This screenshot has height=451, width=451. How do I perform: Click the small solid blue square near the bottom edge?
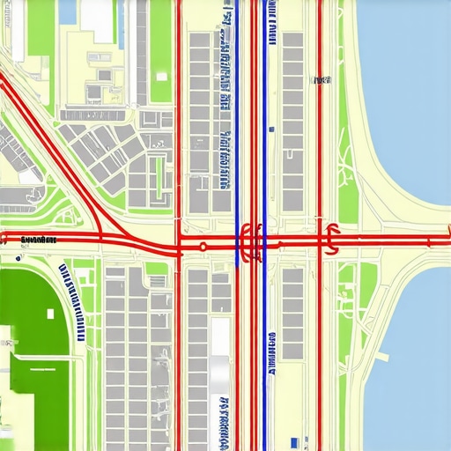(293, 440)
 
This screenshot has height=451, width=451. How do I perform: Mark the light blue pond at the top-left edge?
(67, 11)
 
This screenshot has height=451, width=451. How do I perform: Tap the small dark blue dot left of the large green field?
(18, 259)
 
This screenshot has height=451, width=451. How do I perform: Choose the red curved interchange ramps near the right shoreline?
(332, 238)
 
